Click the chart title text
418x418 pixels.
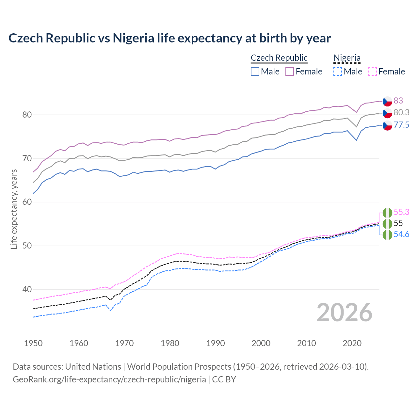click(x=169, y=38)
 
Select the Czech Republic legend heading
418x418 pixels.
click(x=279, y=58)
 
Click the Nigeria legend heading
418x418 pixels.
click(x=347, y=58)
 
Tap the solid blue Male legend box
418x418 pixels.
click(x=255, y=72)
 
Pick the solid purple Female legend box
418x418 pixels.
click(x=290, y=72)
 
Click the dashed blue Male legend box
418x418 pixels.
click(x=338, y=72)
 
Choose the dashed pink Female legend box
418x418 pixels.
click(x=373, y=72)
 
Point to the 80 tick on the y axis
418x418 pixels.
click(x=27, y=115)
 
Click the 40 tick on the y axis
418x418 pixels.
click(x=27, y=289)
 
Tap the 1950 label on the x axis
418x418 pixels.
click(x=33, y=343)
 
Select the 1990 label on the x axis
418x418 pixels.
click(x=216, y=343)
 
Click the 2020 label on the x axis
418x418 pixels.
click(x=352, y=343)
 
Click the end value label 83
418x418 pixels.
click(x=398, y=101)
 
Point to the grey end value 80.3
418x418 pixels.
click(x=401, y=112)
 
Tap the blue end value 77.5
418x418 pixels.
click(x=401, y=125)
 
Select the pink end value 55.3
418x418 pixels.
click(x=401, y=212)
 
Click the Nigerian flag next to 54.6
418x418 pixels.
click(x=387, y=235)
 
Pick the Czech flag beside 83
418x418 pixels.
click(x=387, y=101)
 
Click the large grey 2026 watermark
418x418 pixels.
click(x=344, y=313)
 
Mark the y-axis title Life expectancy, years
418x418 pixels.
click(x=14, y=209)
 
